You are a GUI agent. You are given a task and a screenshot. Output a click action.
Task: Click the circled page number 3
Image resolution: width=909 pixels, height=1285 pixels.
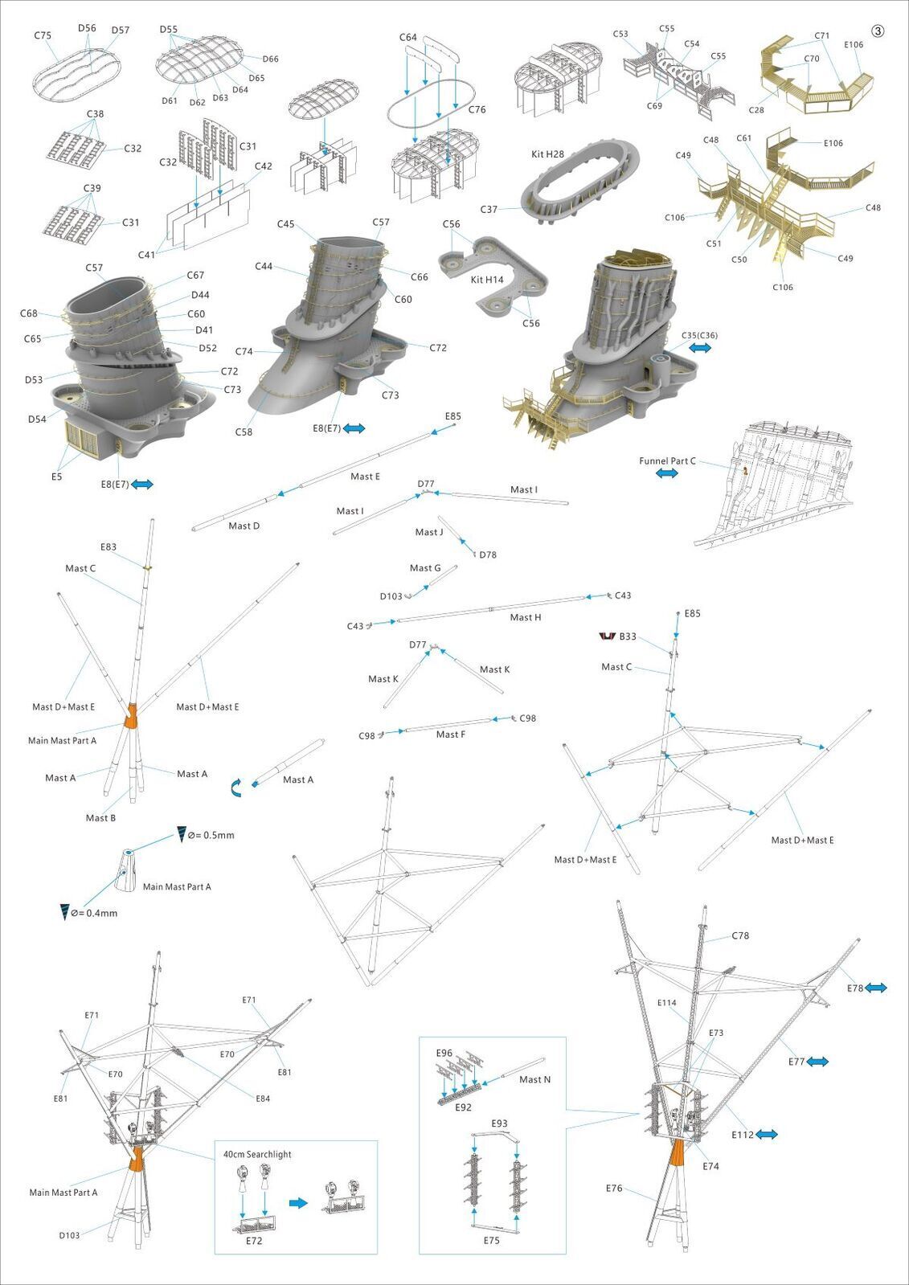tap(878, 31)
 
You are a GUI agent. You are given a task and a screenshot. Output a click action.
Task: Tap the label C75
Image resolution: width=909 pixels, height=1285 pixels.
tap(43, 35)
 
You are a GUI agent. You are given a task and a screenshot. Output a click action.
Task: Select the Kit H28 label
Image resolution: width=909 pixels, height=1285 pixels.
tap(547, 154)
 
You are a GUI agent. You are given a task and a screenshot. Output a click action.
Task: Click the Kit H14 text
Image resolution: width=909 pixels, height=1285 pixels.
tap(487, 280)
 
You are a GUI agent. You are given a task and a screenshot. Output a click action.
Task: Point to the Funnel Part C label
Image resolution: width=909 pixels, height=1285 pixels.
tap(667, 461)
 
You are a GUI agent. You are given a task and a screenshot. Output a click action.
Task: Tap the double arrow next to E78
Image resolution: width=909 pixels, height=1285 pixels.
tap(875, 988)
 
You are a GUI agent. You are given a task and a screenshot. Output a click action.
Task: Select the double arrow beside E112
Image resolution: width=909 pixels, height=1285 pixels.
tap(766, 1135)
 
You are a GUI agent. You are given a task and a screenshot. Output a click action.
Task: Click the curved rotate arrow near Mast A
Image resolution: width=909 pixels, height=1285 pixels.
tap(237, 788)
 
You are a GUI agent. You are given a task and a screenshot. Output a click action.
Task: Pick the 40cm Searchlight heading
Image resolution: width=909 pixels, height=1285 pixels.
tap(257, 1154)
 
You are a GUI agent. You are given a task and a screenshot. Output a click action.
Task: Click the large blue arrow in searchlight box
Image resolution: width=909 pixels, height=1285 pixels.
tap(298, 1203)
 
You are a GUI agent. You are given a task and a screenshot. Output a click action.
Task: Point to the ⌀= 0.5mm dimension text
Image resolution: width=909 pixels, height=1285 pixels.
tap(211, 835)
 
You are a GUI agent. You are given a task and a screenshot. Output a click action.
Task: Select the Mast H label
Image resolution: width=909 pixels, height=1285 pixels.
tap(526, 617)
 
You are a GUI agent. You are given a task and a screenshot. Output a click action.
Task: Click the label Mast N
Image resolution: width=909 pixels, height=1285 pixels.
tap(534, 1079)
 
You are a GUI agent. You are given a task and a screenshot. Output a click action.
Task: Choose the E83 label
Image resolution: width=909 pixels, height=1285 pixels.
tap(109, 547)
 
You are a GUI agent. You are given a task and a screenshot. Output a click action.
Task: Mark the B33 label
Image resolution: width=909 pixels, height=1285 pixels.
tap(627, 636)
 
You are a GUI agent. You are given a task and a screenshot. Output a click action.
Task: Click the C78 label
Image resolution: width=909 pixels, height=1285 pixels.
tap(740, 935)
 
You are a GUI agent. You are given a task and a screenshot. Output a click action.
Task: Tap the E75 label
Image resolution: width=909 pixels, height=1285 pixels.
tap(491, 1240)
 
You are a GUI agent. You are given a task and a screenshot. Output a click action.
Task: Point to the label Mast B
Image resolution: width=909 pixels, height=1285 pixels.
tap(100, 817)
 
